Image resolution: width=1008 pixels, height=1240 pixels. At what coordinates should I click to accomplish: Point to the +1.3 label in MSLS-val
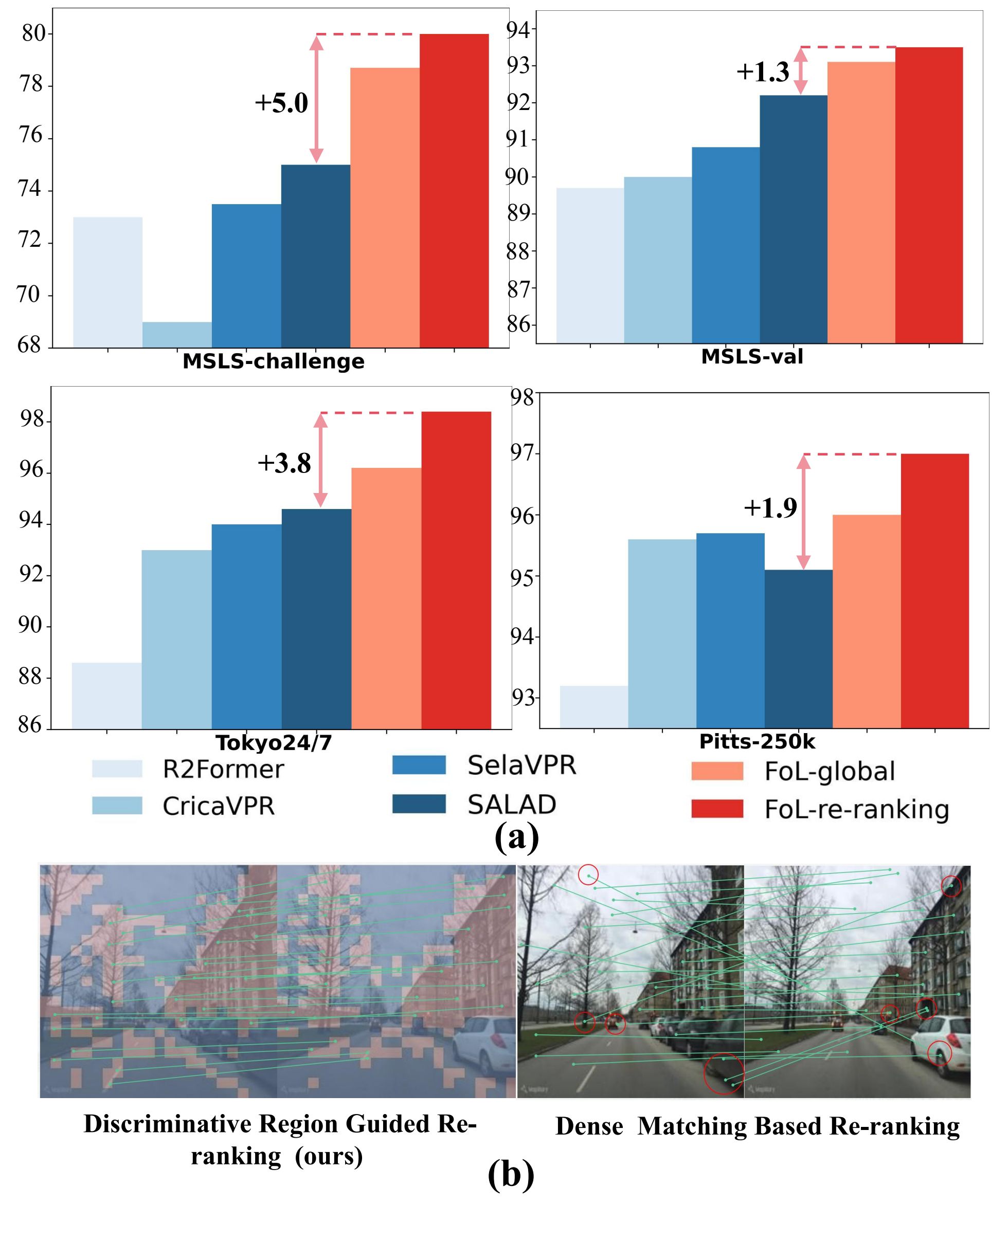762,72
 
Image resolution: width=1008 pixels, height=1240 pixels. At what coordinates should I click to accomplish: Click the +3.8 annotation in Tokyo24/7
284,463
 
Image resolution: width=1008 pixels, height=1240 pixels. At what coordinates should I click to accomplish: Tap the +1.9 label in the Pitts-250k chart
770,508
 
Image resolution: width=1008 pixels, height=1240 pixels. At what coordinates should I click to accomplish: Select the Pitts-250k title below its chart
757,741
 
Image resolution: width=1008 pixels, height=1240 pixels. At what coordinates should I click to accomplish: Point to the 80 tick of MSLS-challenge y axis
33,33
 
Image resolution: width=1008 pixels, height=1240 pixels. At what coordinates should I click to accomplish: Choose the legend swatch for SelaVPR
419,765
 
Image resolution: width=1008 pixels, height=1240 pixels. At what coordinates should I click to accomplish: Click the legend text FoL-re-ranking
856,809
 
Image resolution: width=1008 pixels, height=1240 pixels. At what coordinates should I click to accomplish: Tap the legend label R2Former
224,770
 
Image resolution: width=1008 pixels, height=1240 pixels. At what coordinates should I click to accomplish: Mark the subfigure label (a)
516,836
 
